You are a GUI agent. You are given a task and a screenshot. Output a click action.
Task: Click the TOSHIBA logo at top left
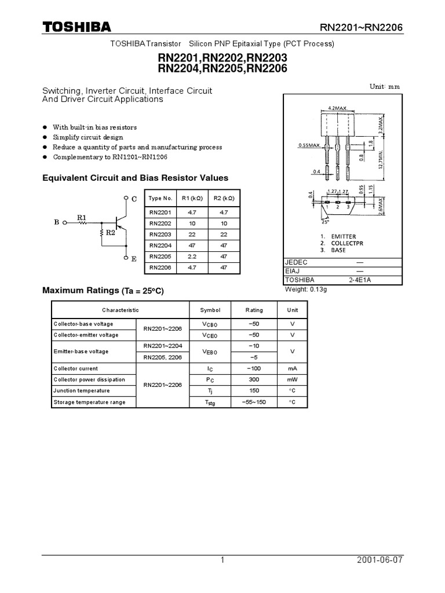(x=76, y=27)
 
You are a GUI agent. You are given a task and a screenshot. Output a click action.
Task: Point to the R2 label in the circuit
(x=110, y=233)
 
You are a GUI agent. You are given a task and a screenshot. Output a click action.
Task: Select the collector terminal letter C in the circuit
(x=134, y=199)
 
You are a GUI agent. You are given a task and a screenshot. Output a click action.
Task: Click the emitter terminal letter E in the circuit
(x=134, y=259)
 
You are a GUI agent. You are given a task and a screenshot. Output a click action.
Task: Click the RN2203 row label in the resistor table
(x=161, y=234)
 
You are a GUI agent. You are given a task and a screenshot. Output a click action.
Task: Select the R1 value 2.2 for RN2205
(x=191, y=256)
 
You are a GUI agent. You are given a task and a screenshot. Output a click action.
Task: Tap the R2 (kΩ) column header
(x=222, y=198)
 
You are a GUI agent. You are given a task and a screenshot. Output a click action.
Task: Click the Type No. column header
(x=161, y=198)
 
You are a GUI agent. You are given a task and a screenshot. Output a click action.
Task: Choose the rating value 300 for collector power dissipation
(x=254, y=379)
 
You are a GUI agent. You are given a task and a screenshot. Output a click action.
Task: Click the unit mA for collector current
(x=292, y=368)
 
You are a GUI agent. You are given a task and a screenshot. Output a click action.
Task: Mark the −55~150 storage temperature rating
(x=254, y=402)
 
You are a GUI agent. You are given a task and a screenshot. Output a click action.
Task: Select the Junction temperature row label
(x=77, y=391)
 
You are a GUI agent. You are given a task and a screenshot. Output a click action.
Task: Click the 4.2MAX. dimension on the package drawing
(x=337, y=108)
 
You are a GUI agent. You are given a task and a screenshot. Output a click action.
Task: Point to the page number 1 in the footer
(x=222, y=560)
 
